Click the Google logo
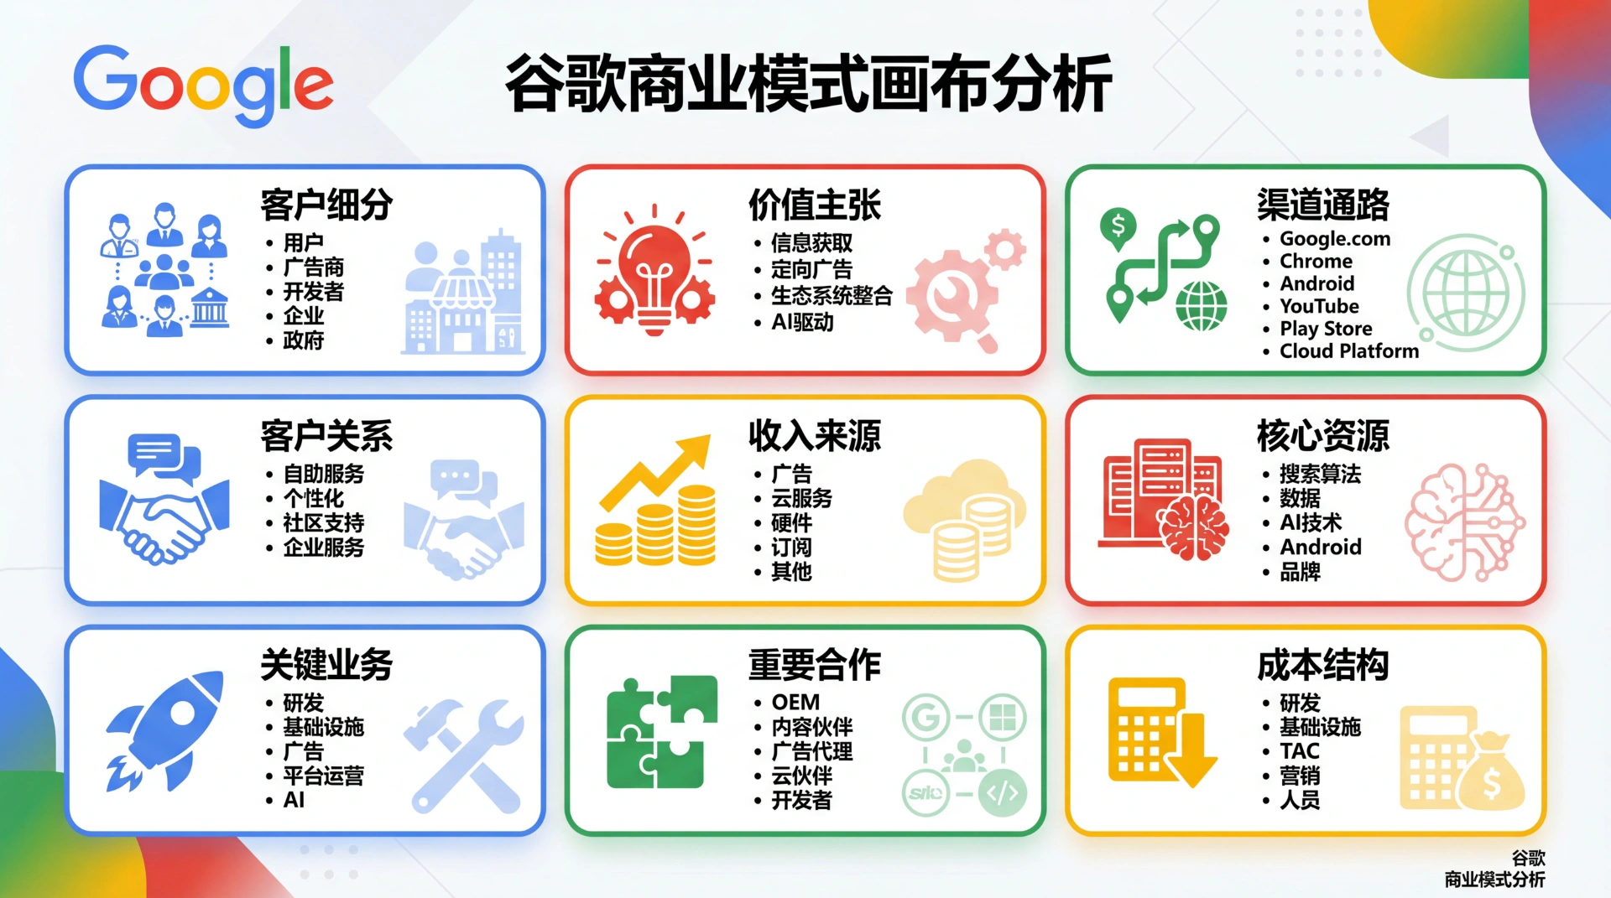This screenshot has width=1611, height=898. (x=204, y=85)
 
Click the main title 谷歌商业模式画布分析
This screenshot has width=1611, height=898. (x=809, y=83)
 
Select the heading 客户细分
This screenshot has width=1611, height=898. (x=326, y=205)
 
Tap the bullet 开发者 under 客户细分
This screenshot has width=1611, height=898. (x=314, y=292)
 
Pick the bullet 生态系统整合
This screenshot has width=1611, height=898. (x=832, y=295)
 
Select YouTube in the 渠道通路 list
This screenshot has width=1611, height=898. (x=1319, y=306)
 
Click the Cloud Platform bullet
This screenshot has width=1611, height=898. (x=1349, y=350)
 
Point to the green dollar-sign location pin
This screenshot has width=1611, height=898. (x=1118, y=230)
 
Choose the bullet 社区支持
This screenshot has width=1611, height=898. (x=324, y=522)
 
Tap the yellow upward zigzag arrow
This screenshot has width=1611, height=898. (x=656, y=472)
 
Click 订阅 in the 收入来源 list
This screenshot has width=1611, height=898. (x=791, y=548)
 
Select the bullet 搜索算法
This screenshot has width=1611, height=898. (x=1320, y=474)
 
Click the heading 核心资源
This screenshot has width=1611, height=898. (x=1322, y=435)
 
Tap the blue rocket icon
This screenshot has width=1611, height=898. (x=166, y=730)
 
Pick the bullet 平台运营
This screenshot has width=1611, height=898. (x=324, y=776)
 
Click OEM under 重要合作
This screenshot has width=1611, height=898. (x=795, y=702)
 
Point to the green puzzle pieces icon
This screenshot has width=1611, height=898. (x=662, y=732)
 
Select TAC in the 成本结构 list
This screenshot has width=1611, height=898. (x=1300, y=750)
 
